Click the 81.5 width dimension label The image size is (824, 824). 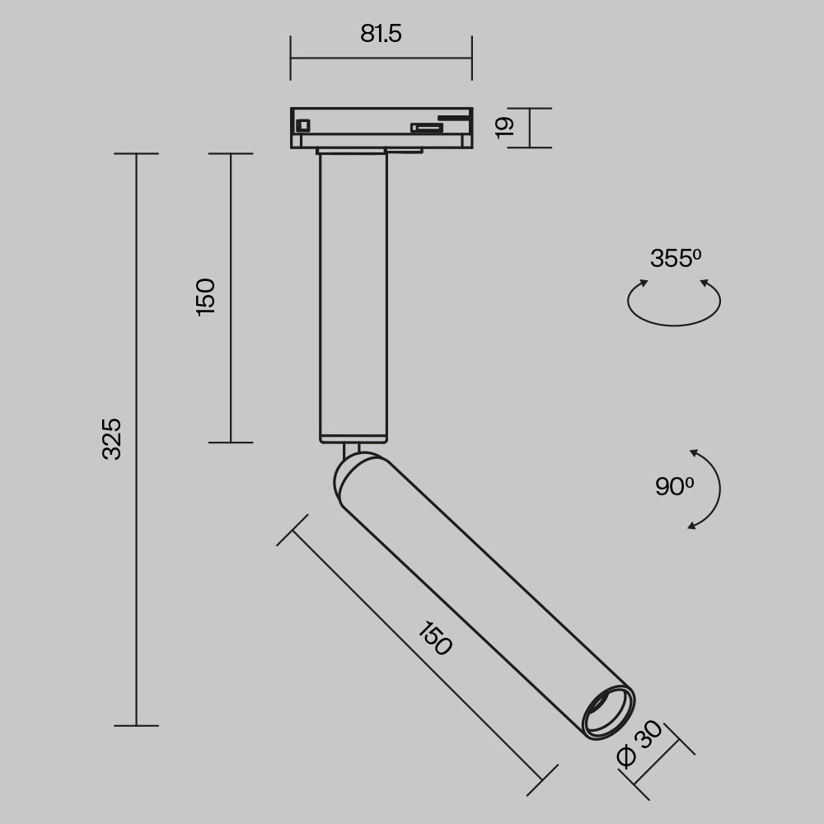click(x=381, y=34)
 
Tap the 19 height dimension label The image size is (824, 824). click(x=505, y=126)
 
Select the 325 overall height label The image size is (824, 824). click(x=111, y=438)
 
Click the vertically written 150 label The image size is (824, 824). click(x=205, y=297)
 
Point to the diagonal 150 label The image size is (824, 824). click(x=434, y=639)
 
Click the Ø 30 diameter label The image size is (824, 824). click(x=639, y=744)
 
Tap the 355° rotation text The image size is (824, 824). click(x=675, y=259)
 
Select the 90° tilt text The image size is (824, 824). click(x=674, y=487)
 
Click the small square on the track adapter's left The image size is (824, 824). click(x=302, y=125)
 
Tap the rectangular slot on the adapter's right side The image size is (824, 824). click(x=427, y=127)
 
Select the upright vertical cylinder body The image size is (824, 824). click(x=353, y=297)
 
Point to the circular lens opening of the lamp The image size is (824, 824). click(x=608, y=710)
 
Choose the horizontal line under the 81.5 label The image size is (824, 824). click(x=381, y=59)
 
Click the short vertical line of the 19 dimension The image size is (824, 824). click(x=529, y=128)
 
